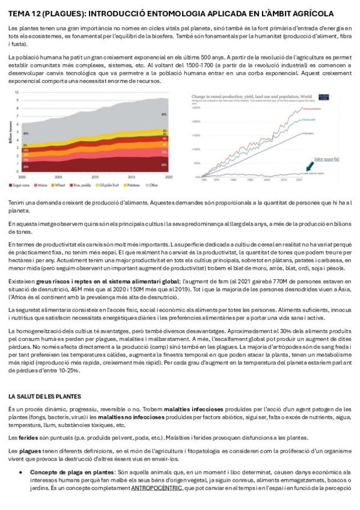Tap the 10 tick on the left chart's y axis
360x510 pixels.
tap(17, 92)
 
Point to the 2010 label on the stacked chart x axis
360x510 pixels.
tap(96, 177)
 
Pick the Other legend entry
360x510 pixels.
tap(153, 186)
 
